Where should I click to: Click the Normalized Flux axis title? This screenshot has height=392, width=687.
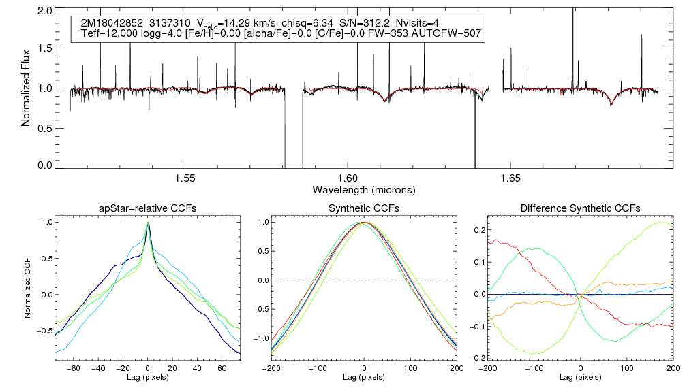pyautogui.click(x=27, y=88)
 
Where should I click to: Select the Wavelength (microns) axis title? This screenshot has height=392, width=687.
pyautogui.click(x=363, y=189)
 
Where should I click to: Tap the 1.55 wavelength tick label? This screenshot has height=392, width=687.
pyautogui.click(x=185, y=178)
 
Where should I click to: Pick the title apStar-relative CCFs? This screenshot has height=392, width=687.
pyautogui.click(x=147, y=208)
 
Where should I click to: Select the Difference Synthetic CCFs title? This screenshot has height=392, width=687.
pyautogui.click(x=580, y=208)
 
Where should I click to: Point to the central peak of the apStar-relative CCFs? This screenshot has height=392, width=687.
pyautogui.click(x=147, y=223)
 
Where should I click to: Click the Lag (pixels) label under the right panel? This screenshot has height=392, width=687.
pyautogui.click(x=580, y=376)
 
